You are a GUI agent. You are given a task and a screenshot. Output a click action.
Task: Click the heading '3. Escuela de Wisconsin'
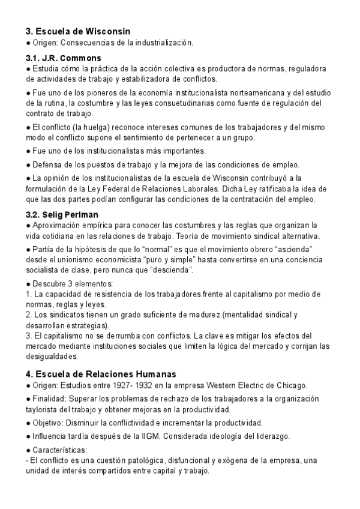click(78, 31)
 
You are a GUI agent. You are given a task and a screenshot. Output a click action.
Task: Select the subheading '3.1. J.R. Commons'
click(63, 58)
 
